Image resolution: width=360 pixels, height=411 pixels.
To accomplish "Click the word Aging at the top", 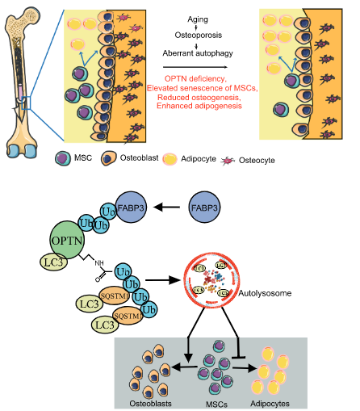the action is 198,19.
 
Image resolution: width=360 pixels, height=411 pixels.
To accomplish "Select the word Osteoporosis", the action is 199,35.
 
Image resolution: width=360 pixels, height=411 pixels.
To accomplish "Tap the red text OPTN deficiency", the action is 195,78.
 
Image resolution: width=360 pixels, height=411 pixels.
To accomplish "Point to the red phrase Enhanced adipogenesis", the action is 199,106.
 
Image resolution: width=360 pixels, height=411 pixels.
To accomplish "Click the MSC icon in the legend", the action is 63,158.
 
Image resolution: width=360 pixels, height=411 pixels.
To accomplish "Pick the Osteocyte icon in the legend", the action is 228,161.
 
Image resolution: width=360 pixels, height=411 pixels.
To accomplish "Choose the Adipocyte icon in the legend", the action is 170,159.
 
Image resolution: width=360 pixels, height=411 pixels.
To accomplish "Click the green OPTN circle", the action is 67,240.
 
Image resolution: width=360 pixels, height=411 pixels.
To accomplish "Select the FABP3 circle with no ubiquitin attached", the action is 204,208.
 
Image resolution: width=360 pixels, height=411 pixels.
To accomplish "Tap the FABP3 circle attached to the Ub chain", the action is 131,208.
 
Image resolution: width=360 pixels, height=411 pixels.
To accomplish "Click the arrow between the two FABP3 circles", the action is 166,208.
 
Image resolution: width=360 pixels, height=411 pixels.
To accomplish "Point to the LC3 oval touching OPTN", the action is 53,262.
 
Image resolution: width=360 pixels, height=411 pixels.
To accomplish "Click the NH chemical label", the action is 99,263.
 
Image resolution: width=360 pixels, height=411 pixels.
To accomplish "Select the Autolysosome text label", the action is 265,293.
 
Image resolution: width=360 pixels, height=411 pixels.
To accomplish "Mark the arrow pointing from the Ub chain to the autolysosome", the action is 163,280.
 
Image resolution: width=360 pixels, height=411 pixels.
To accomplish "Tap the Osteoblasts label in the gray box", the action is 150,404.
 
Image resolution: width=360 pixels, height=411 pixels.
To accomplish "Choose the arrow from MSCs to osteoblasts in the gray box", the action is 184,367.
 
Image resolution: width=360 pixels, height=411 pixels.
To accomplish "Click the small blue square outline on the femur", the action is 27,103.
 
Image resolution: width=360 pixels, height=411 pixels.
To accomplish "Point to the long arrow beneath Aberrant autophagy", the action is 195,67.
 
